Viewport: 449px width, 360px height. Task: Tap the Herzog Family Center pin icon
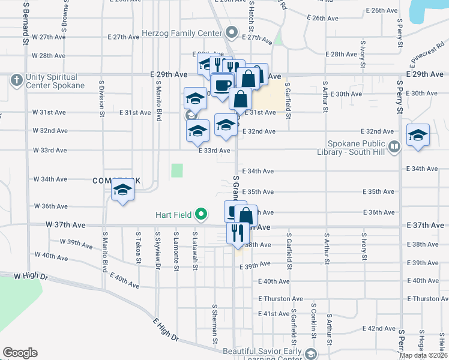click(x=232, y=32)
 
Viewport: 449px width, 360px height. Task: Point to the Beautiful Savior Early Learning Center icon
click(x=310, y=354)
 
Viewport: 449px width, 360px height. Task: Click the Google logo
click(x=20, y=353)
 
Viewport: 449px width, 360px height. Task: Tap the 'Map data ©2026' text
click(x=423, y=355)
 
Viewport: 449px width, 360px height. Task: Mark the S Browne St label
click(x=63, y=20)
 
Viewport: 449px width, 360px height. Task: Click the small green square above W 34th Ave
click(x=176, y=171)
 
